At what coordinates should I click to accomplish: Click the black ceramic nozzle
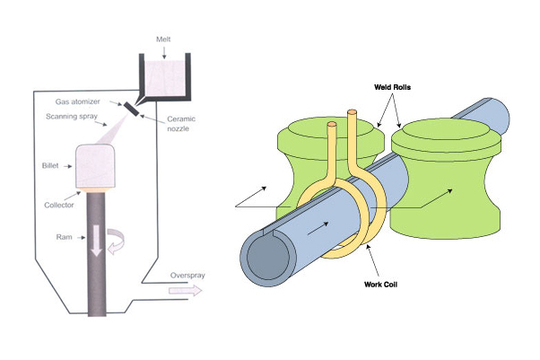(132, 109)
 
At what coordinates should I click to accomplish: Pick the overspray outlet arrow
(187, 290)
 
